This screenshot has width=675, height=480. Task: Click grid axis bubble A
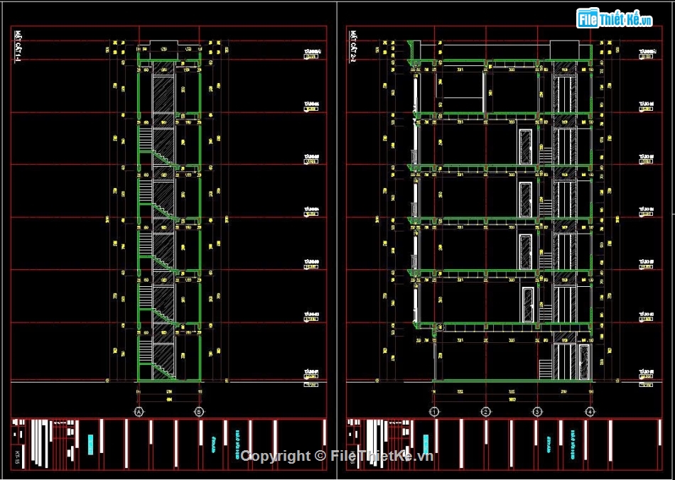(139, 411)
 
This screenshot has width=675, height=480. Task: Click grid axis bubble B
(199, 411)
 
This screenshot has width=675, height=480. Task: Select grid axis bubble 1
(434, 411)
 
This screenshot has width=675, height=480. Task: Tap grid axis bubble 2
(486, 411)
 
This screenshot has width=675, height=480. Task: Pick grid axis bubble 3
(538, 411)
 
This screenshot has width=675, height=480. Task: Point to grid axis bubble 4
(590, 411)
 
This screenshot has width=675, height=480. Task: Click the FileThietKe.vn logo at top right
(615, 18)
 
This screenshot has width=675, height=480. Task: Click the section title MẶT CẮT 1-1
(18, 48)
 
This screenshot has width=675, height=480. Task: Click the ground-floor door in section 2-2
(584, 361)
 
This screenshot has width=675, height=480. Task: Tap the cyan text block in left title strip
(90, 444)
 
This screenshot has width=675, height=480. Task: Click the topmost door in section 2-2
(526, 146)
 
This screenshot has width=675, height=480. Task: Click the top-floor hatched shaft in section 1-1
(163, 92)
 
